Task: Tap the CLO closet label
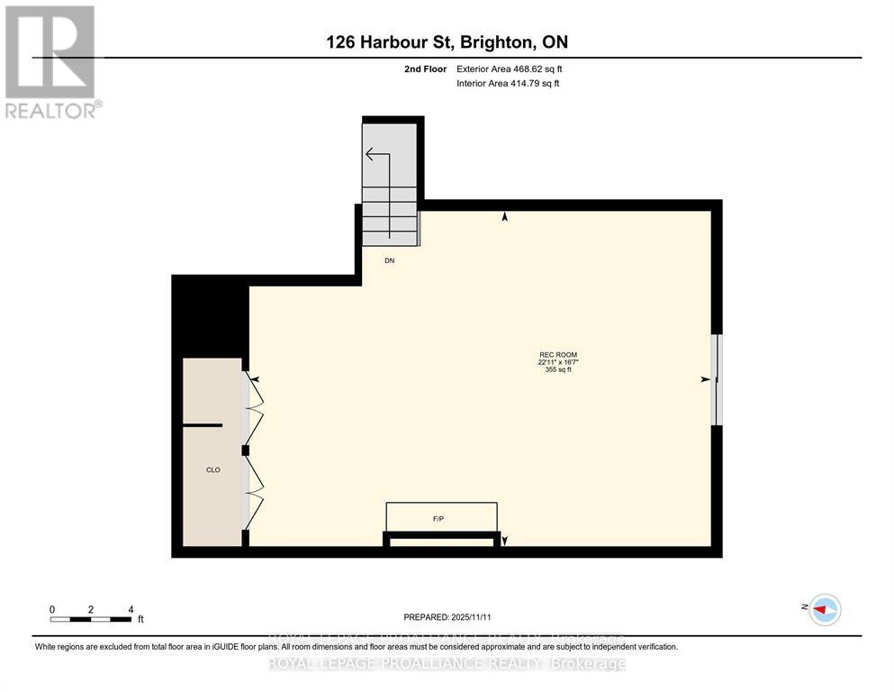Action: pos(212,469)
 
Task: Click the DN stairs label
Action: pos(389,260)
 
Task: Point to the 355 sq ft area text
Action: pos(558,369)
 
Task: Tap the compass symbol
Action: pos(824,610)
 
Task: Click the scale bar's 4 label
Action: pos(131,610)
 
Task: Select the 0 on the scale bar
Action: pos(52,610)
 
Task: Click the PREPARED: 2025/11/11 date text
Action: pos(447,617)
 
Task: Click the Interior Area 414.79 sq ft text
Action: pos(509,84)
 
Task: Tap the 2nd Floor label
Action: pos(424,68)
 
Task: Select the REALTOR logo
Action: pos(52,61)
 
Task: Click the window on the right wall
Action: pos(717,379)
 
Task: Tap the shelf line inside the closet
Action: pos(203,424)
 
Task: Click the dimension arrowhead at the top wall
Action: pos(504,216)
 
